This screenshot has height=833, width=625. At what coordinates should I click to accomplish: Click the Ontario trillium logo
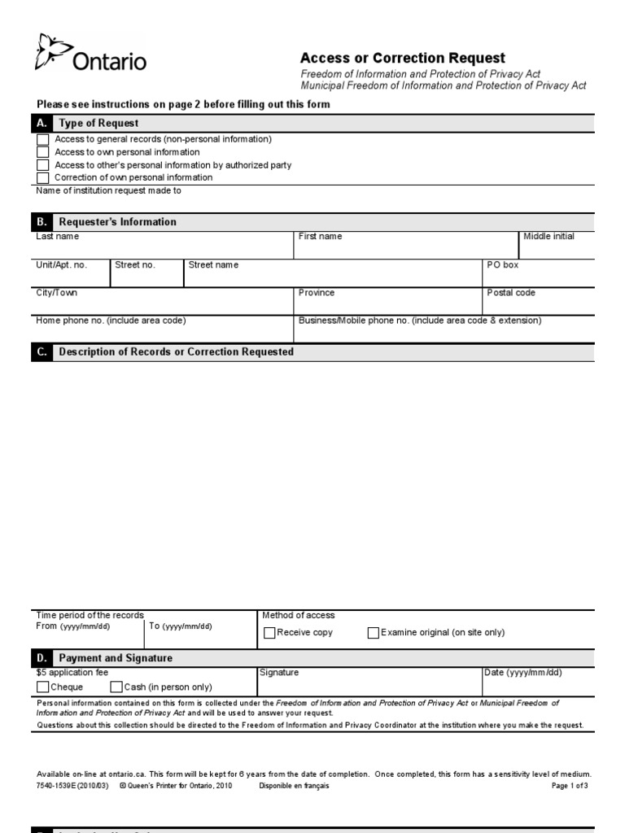[51, 52]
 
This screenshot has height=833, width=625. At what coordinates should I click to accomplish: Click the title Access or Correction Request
[402, 59]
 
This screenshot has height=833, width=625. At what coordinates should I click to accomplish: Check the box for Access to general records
[43, 139]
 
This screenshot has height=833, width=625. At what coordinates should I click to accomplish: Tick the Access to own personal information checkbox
[43, 152]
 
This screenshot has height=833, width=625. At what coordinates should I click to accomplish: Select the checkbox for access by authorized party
[43, 165]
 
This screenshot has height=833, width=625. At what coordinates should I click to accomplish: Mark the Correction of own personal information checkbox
[43, 177]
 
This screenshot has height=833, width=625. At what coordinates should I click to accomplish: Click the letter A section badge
[42, 124]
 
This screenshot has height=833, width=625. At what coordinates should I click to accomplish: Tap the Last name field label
[58, 237]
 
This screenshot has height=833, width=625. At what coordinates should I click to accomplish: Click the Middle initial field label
[549, 237]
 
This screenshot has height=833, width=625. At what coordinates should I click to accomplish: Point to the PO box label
[502, 265]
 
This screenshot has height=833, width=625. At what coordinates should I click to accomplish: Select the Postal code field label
[511, 293]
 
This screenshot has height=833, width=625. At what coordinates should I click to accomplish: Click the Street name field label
[213, 265]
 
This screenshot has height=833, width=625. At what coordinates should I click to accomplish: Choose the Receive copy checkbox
[269, 632]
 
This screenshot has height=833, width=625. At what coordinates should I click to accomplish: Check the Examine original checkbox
[374, 632]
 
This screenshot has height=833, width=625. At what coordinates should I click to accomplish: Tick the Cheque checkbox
[42, 687]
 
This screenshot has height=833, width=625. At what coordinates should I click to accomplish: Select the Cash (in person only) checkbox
[116, 687]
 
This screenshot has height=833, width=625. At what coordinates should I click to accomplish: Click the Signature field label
[279, 673]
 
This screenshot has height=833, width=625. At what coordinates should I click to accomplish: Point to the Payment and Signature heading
[116, 658]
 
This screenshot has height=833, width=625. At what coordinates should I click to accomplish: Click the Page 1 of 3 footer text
[569, 786]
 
